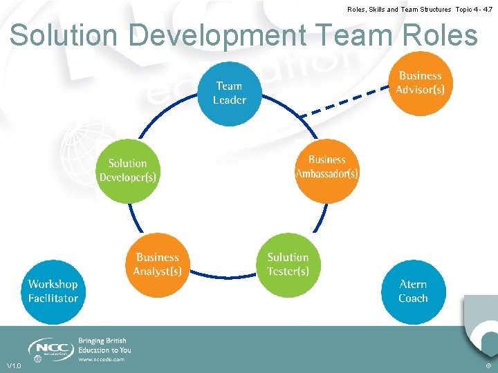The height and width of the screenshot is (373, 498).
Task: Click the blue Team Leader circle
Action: coord(229,93)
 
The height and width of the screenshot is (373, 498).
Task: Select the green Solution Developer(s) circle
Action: coord(128,170)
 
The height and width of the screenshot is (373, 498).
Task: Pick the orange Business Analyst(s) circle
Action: coord(158,264)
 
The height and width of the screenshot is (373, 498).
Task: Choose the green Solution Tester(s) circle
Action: coord(288,265)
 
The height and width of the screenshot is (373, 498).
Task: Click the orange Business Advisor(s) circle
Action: coord(420,83)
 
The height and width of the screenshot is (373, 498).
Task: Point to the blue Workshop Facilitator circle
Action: coord(53,291)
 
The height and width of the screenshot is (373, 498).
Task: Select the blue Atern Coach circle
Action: coord(413,291)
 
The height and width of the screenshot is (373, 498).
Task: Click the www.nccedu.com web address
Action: coord(101,359)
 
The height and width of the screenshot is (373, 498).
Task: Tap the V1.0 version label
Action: coord(14,365)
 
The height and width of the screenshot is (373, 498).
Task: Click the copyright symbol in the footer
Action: coord(489,365)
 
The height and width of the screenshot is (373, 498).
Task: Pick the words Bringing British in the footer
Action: coord(102,341)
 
